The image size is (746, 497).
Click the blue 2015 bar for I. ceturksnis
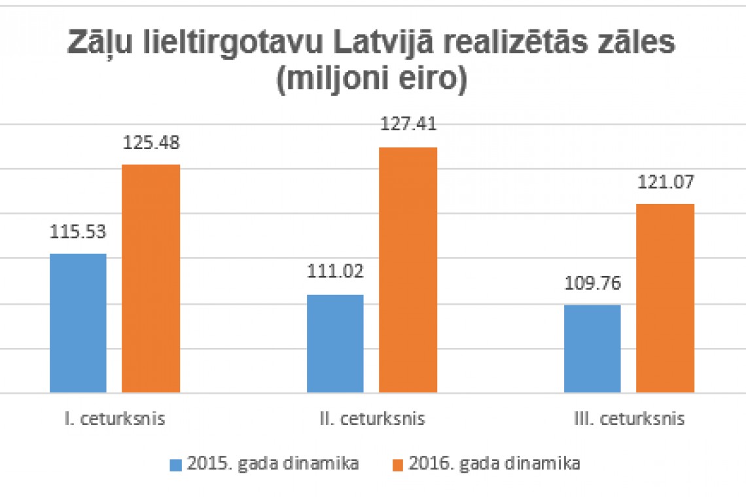click(78, 323)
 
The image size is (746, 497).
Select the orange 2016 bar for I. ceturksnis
click(151, 279)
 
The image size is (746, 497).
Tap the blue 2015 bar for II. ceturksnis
click(335, 344)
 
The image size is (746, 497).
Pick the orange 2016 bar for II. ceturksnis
click(408, 270)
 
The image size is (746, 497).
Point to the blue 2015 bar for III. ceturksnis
click(592, 349)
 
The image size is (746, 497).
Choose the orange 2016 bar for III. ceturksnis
click(666, 298)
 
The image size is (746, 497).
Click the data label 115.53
click(78, 231)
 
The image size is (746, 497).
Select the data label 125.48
click(151, 143)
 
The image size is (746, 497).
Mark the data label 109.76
click(592, 283)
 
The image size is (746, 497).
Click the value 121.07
click(666, 181)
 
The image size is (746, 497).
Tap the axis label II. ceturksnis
click(372, 419)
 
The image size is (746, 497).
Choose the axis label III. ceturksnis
click(628, 419)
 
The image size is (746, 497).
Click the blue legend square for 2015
click(175, 465)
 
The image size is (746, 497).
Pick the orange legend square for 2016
click(396, 465)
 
